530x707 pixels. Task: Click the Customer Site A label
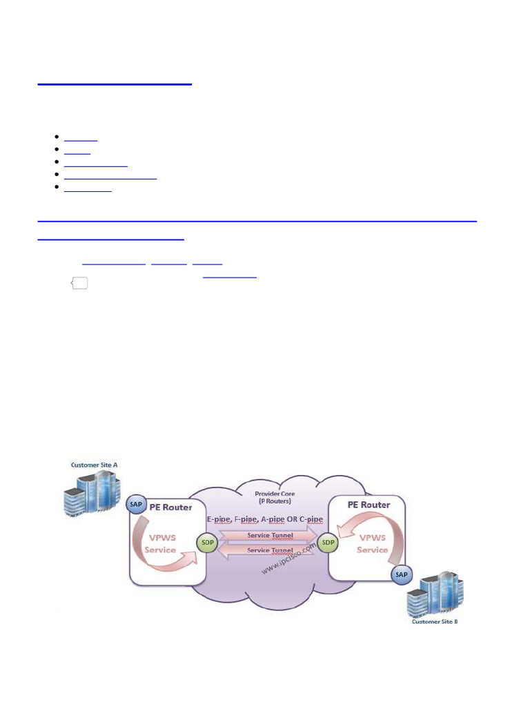point(95,465)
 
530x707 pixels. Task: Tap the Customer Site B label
point(435,621)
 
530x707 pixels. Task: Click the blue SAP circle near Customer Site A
point(136,505)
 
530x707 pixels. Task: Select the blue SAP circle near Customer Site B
point(400,574)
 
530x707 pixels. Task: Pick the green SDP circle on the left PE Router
point(206,543)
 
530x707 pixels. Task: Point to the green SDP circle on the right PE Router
point(328,543)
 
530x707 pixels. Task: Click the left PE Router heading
point(169,506)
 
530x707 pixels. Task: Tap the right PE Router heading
point(369,505)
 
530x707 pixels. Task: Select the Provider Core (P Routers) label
point(273,498)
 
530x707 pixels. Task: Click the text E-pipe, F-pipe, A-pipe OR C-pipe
point(265,519)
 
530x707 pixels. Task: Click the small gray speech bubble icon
point(79,284)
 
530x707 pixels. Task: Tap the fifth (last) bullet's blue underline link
point(88,189)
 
